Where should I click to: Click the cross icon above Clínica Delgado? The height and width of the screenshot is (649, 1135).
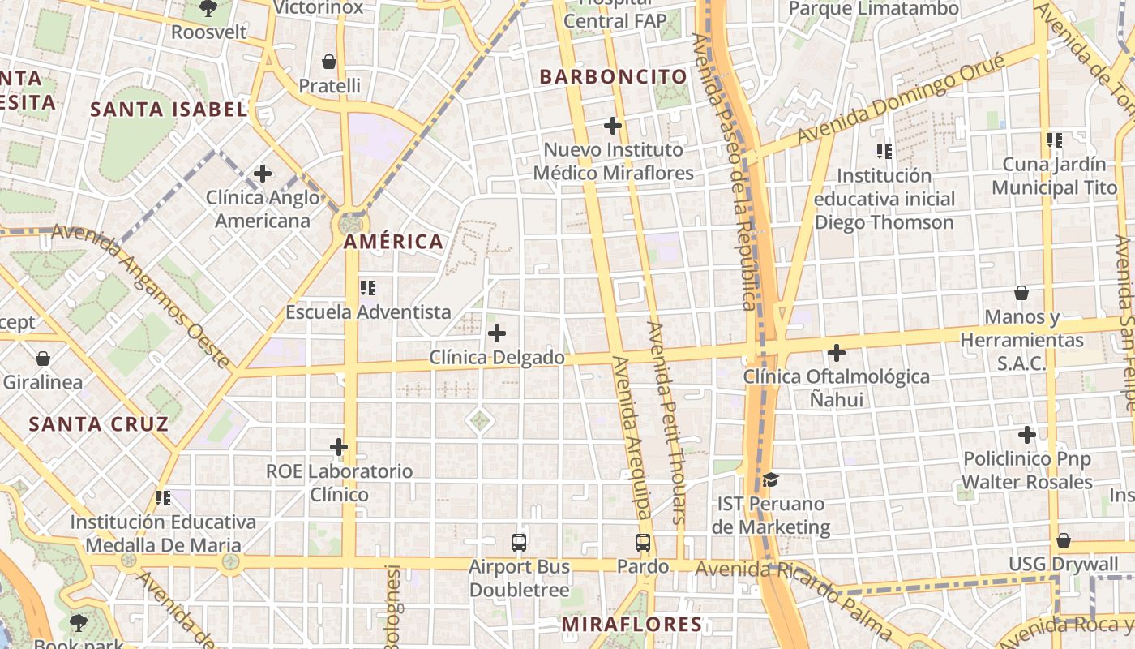(x=497, y=333)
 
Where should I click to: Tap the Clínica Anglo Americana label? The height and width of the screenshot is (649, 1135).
(x=258, y=209)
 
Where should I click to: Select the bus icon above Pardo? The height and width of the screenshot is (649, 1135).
(x=643, y=543)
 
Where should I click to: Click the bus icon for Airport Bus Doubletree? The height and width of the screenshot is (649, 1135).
(x=519, y=543)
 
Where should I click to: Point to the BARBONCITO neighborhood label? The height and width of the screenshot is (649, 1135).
(x=613, y=77)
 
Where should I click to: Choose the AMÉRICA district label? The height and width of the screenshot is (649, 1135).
(x=393, y=242)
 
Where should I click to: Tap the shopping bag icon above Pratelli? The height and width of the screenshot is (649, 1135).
(x=329, y=62)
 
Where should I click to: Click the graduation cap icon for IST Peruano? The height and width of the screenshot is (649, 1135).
(x=770, y=480)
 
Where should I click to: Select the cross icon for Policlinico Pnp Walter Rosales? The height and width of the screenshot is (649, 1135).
(x=1027, y=435)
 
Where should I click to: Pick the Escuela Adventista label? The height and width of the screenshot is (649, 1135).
(x=368, y=312)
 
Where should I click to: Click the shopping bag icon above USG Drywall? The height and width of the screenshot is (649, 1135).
(x=1064, y=540)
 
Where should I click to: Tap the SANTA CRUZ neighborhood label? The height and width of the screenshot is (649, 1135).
(x=99, y=424)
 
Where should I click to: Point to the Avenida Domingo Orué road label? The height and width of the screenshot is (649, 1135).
(x=901, y=98)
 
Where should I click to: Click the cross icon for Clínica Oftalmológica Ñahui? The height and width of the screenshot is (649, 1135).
(x=836, y=353)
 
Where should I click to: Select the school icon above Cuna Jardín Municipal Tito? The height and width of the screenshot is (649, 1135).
(x=1055, y=140)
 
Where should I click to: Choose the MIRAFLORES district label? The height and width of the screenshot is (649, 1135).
(x=632, y=624)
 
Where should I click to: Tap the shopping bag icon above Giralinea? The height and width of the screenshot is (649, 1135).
(x=42, y=359)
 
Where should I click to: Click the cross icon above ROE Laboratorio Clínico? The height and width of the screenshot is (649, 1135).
(x=339, y=447)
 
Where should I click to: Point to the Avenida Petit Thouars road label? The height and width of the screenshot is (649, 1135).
(x=668, y=422)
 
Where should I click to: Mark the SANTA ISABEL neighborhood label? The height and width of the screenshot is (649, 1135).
(x=169, y=110)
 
